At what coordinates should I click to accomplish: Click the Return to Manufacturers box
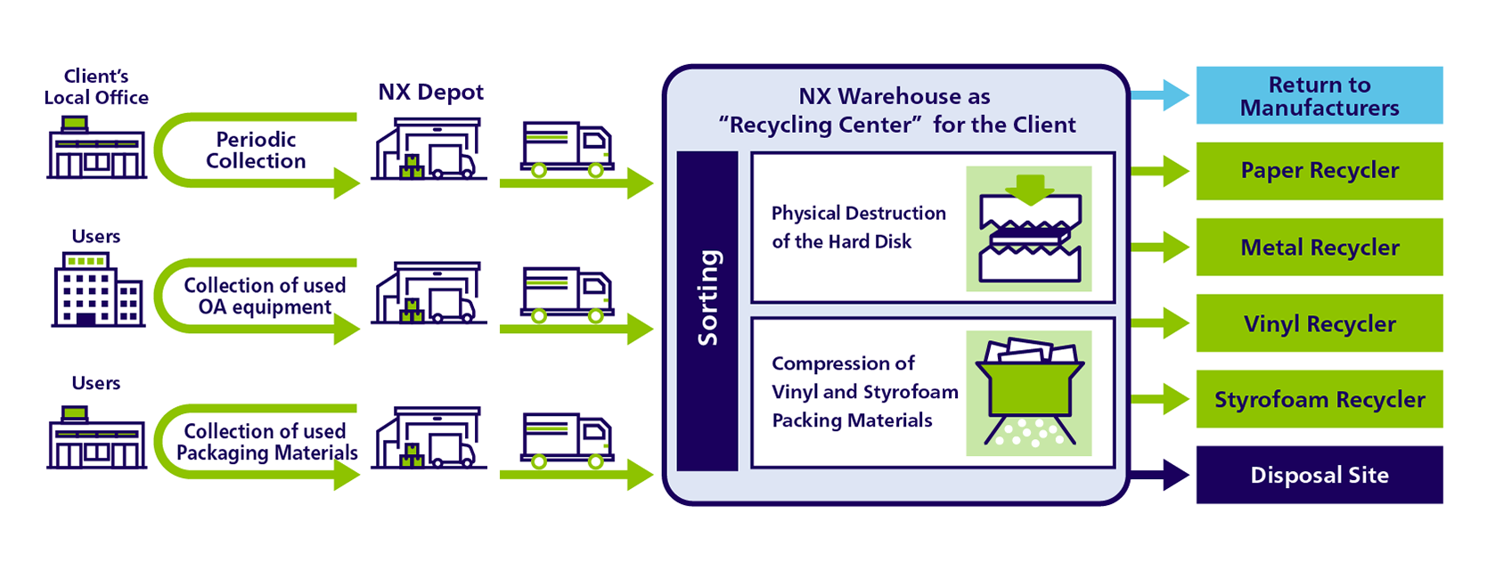tap(1319, 95)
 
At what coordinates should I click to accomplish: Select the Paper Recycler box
tap(1319, 170)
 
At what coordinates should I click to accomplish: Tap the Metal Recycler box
tap(1319, 247)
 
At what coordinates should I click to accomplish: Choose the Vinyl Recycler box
tap(1319, 323)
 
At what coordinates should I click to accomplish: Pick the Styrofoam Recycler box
tap(1319, 399)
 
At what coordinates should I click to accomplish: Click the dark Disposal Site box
tap(1319, 475)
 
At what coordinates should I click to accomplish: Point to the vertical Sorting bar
tap(707, 310)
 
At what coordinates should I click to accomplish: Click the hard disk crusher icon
tap(1029, 229)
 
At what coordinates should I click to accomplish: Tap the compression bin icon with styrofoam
tap(1029, 393)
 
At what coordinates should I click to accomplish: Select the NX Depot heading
tap(430, 92)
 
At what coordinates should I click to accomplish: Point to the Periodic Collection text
tap(256, 150)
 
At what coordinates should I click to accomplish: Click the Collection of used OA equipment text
tap(265, 296)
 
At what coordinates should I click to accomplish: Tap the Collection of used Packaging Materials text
tap(266, 442)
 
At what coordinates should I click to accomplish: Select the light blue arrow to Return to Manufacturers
tap(1161, 94)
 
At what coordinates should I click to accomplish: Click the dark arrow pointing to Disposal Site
tap(1161, 475)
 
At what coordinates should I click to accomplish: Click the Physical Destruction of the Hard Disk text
tap(858, 227)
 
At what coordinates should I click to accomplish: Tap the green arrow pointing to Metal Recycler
tap(1161, 247)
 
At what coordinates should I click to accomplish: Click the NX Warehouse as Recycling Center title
tap(896, 110)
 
